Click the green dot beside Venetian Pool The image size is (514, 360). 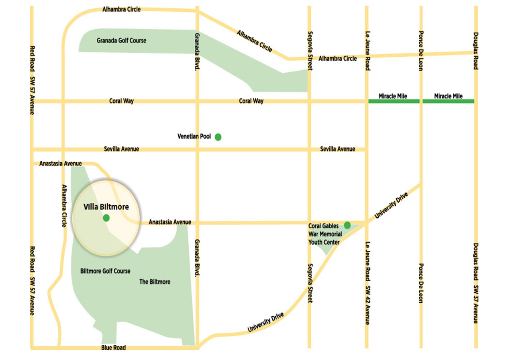218,137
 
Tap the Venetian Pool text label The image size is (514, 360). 194,137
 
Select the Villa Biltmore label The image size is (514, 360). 106,207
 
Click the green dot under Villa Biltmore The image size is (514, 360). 106,218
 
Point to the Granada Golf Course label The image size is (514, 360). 121,41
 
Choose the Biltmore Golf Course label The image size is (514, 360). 105,271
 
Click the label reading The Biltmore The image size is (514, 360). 155,282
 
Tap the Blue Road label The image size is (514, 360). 114,348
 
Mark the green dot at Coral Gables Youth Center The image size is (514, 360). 347,225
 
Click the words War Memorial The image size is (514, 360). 325,234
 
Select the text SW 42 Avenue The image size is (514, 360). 367,306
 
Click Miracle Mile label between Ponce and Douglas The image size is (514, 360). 448,96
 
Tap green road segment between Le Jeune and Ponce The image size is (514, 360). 394,101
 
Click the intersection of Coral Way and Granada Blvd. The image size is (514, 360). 197,101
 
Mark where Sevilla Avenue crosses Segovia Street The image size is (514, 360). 309,150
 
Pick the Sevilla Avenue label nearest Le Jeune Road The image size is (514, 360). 337,149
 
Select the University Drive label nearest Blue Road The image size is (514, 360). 265,322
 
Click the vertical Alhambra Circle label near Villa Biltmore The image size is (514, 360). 64,206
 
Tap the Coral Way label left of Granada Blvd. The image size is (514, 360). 121,101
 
